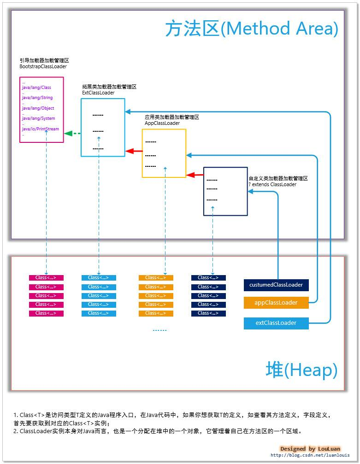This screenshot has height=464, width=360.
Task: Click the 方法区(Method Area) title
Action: click(x=252, y=29)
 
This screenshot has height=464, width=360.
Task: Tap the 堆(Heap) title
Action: click(x=301, y=370)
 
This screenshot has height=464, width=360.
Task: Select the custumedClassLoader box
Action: click(x=276, y=285)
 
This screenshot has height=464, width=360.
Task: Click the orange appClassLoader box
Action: click(x=276, y=303)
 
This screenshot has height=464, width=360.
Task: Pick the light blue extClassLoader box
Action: click(x=276, y=323)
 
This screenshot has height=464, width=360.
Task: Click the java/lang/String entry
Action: click(x=37, y=98)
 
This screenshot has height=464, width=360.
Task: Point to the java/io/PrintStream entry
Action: click(x=41, y=129)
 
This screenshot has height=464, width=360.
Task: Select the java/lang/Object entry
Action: click(x=38, y=108)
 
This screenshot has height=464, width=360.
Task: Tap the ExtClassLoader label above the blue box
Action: click(x=98, y=93)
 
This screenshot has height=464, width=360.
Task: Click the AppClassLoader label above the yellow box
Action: click(x=162, y=123)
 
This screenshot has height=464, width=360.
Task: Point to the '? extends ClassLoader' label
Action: click(x=272, y=184)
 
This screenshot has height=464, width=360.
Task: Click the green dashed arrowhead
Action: click(x=68, y=134)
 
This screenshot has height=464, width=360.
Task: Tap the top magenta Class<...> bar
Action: click(x=46, y=278)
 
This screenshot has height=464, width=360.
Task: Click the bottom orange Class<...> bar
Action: click(x=156, y=313)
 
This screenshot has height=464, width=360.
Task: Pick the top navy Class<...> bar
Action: click(x=208, y=278)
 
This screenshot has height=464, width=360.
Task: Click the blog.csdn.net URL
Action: click(x=310, y=455)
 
